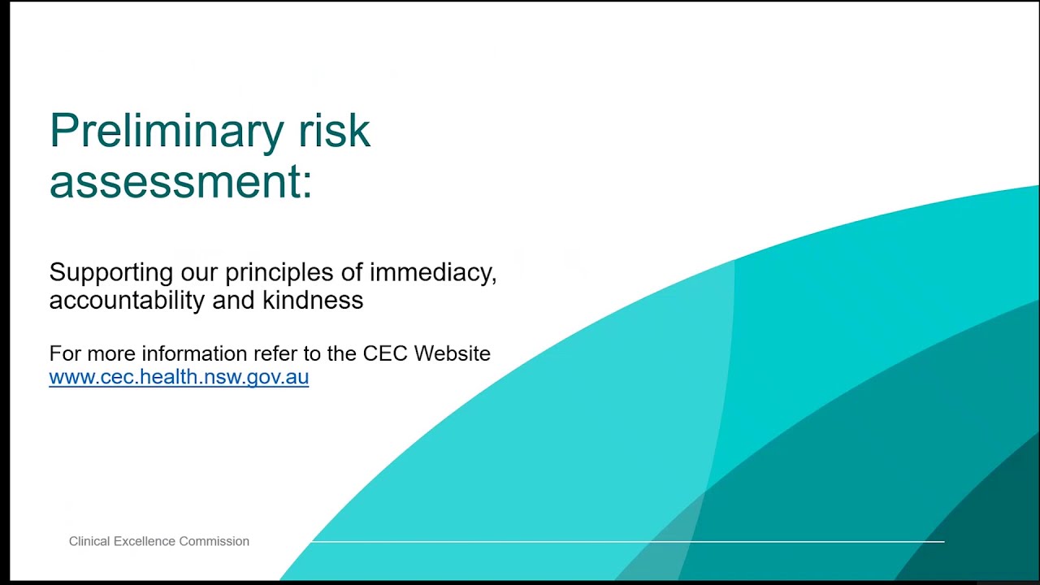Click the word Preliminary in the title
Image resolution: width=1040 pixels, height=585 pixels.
pyautogui.click(x=166, y=132)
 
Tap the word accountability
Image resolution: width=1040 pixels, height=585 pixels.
pyautogui.click(x=127, y=301)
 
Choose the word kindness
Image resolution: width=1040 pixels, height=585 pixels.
pyautogui.click(x=312, y=301)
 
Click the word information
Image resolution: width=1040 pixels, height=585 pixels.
pyautogui.click(x=193, y=353)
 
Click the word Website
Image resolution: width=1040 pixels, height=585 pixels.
pyautogui.click(x=453, y=353)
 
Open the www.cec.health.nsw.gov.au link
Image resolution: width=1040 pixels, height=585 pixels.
pyautogui.click(x=179, y=377)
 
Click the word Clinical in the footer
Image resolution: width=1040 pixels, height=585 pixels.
pyautogui.click(x=89, y=541)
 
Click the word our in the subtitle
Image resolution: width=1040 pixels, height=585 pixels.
pyautogui.click(x=200, y=273)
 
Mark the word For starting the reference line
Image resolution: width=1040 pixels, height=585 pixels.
pyautogui.click(x=65, y=353)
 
